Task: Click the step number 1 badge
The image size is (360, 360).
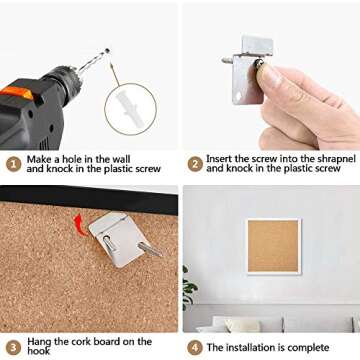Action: (14, 164)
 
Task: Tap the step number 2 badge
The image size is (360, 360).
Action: (195, 164)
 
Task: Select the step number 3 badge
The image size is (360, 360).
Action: (14, 348)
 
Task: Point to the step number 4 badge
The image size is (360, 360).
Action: (195, 348)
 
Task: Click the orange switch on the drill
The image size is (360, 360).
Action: (17, 93)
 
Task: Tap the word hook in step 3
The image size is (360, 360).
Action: (39, 351)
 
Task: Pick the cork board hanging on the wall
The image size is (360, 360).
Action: (274, 246)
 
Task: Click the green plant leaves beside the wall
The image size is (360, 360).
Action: (189, 287)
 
